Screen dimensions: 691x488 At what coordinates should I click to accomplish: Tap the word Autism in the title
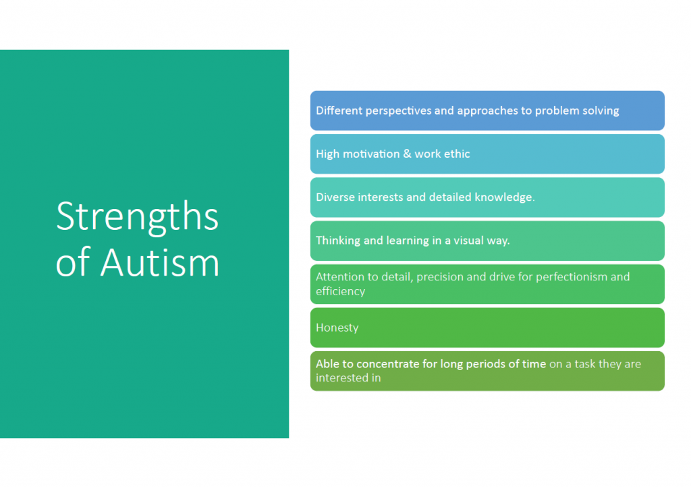coord(160,262)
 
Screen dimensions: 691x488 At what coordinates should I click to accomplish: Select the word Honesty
coord(337,328)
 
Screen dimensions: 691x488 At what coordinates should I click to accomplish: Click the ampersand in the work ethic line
coord(407,154)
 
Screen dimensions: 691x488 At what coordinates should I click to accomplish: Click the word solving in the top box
coord(601,111)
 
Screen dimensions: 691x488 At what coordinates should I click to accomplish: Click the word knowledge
coord(505,197)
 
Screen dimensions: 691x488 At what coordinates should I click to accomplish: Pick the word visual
coord(468,240)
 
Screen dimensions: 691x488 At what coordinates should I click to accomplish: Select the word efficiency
coord(340,292)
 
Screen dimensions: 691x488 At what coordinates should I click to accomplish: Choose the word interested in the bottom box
coord(342,378)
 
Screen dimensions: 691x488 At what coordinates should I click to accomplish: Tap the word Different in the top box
coord(339,111)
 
